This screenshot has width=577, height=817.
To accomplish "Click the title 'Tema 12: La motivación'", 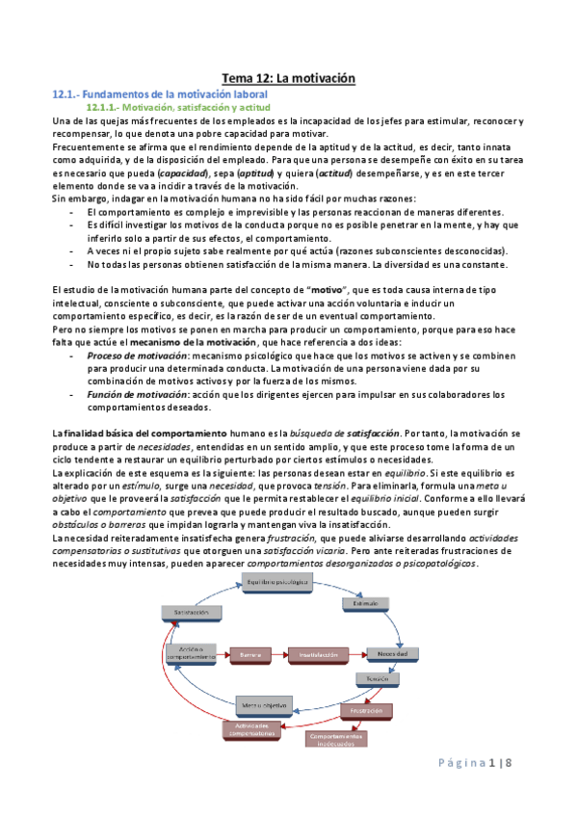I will pyautogui.click(x=289, y=77).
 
